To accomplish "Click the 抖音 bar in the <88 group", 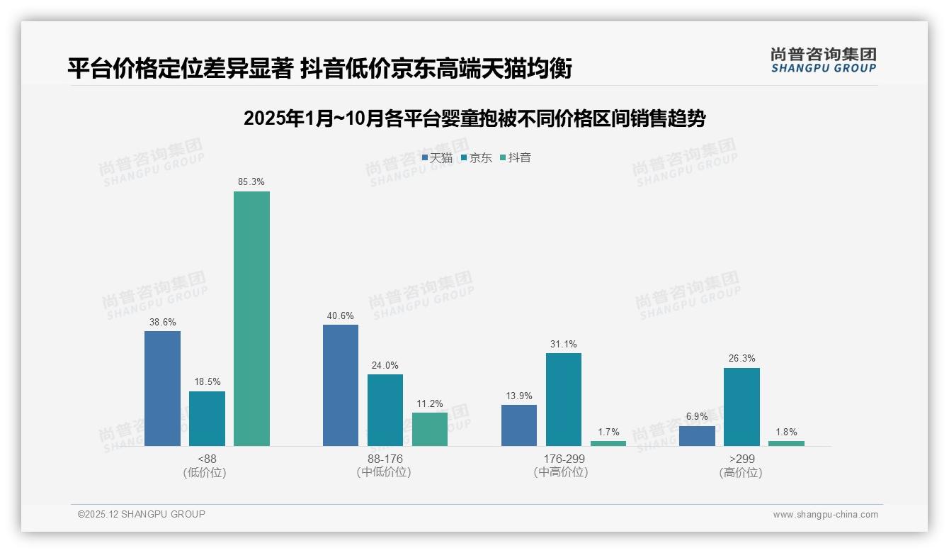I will (251, 318).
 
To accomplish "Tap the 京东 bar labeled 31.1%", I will (564, 399).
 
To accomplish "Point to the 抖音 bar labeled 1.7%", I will (608, 443).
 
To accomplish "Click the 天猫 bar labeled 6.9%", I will (697, 435).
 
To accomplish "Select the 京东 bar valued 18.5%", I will (207, 418).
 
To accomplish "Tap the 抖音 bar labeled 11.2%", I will (430, 429).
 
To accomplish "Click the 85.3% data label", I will (251, 182).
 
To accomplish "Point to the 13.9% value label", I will (519, 396).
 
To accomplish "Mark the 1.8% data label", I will (786, 432).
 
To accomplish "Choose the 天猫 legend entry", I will (437, 158).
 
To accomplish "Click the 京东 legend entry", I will (476, 158).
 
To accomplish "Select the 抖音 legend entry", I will (516, 158).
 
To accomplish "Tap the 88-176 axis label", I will (385, 459).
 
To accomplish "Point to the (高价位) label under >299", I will (741, 472).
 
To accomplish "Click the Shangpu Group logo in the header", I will (823, 60).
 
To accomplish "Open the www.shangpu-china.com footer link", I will (825, 515).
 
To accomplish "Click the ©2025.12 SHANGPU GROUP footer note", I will (142, 515).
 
